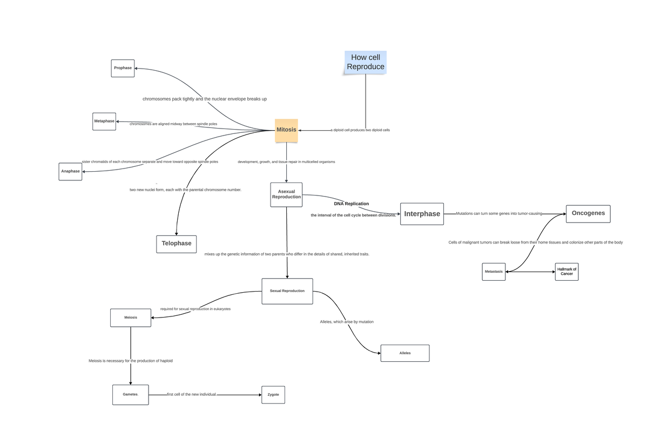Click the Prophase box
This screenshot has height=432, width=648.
[x=123, y=68]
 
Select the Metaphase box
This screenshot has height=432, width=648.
[x=104, y=121]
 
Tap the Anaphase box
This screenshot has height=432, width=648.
[x=70, y=171]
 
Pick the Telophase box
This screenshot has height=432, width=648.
[x=177, y=244]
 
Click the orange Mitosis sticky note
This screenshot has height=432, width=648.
[x=286, y=130]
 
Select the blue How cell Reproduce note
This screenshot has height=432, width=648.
[x=366, y=62]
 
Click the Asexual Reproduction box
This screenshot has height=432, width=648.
[x=286, y=194]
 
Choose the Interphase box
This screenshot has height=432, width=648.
[x=422, y=214]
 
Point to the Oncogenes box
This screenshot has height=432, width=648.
[x=588, y=213]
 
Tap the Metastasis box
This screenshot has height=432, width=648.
[x=494, y=272]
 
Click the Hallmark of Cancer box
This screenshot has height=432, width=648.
[x=566, y=272]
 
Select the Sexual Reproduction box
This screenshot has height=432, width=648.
[x=287, y=291]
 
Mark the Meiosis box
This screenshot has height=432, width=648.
[x=131, y=318]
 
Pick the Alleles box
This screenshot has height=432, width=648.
[x=405, y=353]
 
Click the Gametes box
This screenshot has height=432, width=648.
[x=130, y=395]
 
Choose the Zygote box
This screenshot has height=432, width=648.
[x=273, y=395]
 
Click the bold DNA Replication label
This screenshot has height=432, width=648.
[x=351, y=204]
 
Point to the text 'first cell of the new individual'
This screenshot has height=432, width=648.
[x=191, y=395]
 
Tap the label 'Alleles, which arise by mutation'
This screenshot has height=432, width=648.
[x=347, y=322]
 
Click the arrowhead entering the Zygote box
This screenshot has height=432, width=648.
[x=259, y=395]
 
